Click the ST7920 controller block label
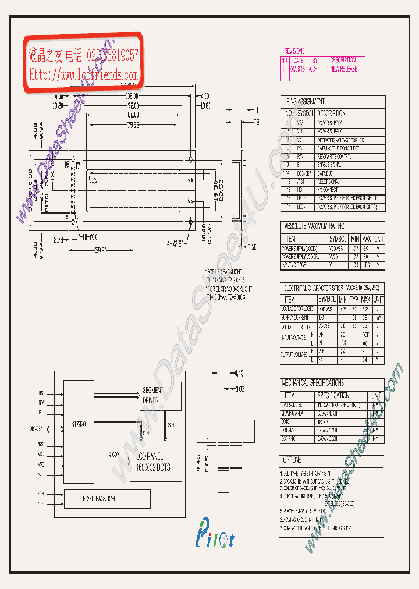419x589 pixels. (x=78, y=425)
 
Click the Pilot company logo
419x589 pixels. (x=214, y=536)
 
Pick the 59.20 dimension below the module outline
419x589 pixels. (x=100, y=251)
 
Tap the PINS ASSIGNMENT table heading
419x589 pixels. (x=303, y=101)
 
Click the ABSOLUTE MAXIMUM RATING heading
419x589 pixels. (x=314, y=226)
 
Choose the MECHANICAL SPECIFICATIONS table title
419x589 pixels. (x=313, y=383)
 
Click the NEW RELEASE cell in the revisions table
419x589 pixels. (x=343, y=69)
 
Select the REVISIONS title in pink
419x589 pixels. (x=294, y=51)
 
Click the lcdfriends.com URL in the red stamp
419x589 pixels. (x=83, y=75)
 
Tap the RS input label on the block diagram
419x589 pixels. (x=41, y=393)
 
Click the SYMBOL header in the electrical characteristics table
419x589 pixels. (x=330, y=299)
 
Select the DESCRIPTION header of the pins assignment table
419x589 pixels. (x=331, y=113)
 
